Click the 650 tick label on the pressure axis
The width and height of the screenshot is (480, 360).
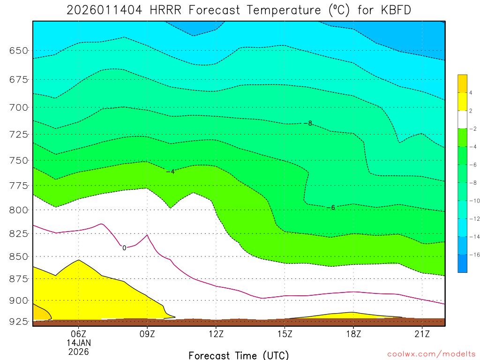[x=19, y=51]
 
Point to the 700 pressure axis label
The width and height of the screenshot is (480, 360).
[x=19, y=107]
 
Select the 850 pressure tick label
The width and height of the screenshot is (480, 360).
[x=19, y=256]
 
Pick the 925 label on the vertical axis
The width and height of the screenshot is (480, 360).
[x=19, y=322]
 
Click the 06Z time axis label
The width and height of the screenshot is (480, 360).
[x=78, y=333]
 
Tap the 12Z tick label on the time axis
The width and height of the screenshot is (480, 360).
[x=216, y=333]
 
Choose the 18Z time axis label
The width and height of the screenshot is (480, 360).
[x=353, y=333]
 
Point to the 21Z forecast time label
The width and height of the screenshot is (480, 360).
[x=422, y=333]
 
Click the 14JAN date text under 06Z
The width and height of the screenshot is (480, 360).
[x=78, y=342]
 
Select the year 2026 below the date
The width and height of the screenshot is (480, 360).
[x=78, y=351]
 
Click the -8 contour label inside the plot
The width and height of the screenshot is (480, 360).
[x=307, y=123]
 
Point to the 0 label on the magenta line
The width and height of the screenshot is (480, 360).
[x=124, y=248]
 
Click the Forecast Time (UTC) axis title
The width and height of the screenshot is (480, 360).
[x=239, y=355]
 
